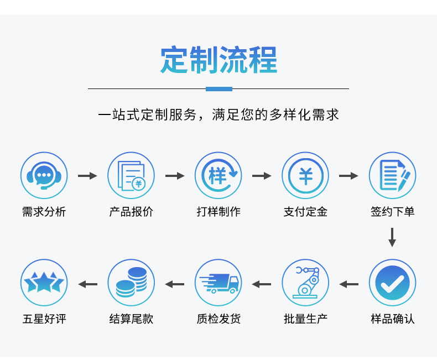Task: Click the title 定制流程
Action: [218, 60]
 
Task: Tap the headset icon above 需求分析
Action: [44, 175]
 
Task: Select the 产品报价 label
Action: [131, 212]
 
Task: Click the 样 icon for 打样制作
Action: [218, 175]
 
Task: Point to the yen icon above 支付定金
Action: [305, 175]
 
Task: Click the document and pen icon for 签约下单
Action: [392, 175]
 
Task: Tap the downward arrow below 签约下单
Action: [392, 237]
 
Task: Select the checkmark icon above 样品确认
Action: [392, 283]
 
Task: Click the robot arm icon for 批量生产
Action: [305, 283]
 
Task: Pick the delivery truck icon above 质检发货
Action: [218, 283]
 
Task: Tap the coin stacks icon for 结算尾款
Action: [131, 283]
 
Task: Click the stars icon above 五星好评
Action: [44, 283]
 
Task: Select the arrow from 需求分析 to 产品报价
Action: [87, 176]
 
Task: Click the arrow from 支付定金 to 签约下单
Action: [348, 176]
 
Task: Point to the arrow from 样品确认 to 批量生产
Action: [348, 284]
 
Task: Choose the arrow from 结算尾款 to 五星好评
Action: [87, 284]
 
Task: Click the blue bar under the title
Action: [218, 88]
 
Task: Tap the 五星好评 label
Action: [44, 319]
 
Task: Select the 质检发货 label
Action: [218, 319]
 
